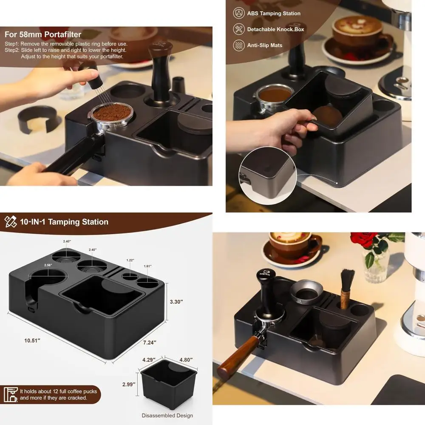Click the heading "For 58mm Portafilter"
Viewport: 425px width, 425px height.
43,34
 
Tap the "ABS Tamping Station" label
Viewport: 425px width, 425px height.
274,14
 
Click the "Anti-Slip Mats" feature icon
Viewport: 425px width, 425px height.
239,45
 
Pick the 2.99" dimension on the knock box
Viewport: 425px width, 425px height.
128,384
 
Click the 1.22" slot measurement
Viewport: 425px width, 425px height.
130,260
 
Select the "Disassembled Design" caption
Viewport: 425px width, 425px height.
167,415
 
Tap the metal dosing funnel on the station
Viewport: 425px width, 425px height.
306,292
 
